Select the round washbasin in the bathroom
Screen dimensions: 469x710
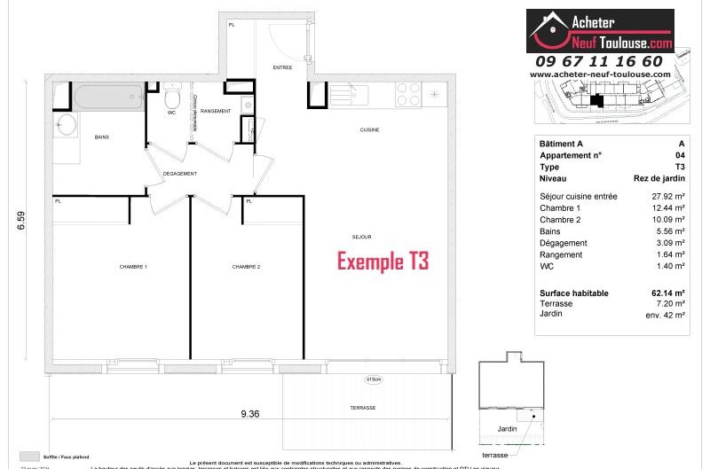click(67, 124)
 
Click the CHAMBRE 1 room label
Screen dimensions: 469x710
click(133, 267)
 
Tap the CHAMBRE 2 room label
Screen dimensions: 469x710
click(246, 267)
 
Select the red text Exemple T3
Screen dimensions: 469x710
click(382, 262)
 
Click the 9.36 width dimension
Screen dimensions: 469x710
click(248, 411)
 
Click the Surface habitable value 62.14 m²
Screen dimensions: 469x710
click(667, 293)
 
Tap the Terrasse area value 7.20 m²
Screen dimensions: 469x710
click(671, 303)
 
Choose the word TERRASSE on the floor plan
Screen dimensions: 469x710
click(362, 408)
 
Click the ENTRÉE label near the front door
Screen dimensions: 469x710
click(282, 66)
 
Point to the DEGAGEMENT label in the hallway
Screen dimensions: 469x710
click(179, 174)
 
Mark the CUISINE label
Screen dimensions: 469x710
click(370, 130)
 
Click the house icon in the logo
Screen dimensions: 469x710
click(548, 28)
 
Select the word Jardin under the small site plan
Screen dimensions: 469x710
click(507, 429)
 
